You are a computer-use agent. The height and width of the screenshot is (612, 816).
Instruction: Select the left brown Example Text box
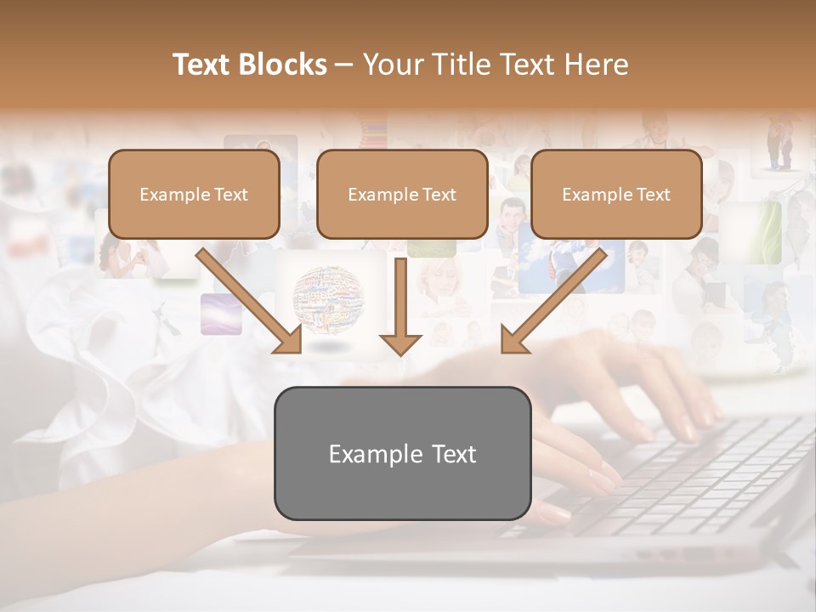click(x=194, y=194)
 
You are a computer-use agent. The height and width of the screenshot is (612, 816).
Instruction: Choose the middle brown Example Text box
click(x=402, y=194)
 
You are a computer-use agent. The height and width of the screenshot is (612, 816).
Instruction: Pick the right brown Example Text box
click(x=616, y=194)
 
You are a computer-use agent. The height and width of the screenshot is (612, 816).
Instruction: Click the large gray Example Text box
click(x=402, y=453)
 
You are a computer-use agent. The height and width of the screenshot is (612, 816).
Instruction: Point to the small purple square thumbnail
click(x=221, y=314)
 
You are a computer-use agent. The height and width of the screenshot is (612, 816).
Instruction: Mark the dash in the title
click(x=344, y=65)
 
